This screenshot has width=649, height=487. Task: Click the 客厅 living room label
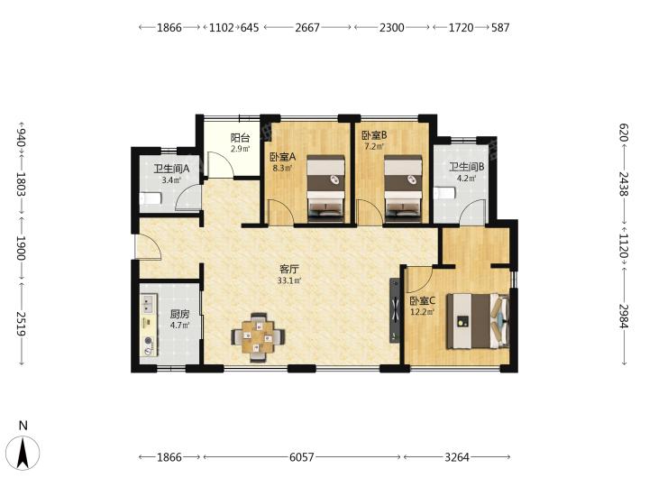click(x=289, y=269)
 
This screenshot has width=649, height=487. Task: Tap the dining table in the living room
click(x=259, y=336)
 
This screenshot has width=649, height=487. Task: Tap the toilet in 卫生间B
click(x=444, y=193)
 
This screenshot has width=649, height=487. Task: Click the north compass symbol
click(x=23, y=452)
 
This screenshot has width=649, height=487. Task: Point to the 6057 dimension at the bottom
click(x=301, y=457)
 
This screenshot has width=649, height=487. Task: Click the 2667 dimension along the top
click(x=307, y=27)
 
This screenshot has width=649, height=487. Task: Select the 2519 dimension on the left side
click(x=21, y=324)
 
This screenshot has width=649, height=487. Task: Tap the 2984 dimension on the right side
click(x=624, y=317)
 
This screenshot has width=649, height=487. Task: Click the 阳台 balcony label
click(x=240, y=138)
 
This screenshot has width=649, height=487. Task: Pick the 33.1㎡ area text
click(x=289, y=280)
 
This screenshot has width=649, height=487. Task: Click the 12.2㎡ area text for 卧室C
click(x=422, y=312)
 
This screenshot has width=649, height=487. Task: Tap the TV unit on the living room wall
click(x=395, y=310)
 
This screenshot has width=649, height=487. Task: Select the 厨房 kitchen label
click(x=179, y=315)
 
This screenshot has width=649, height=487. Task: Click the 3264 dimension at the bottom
click(x=457, y=457)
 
